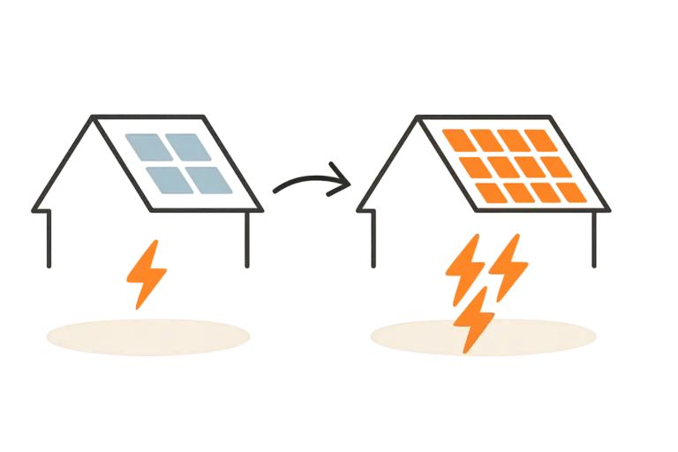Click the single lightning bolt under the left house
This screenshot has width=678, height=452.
[x=147, y=273]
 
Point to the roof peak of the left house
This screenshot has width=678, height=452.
[x=92, y=119]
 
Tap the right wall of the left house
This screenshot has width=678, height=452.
[x=250, y=240]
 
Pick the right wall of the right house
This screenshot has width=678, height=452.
[x=594, y=240]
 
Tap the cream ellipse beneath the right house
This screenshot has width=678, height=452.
[x=485, y=336]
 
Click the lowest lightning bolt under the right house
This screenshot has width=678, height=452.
[x=476, y=321]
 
